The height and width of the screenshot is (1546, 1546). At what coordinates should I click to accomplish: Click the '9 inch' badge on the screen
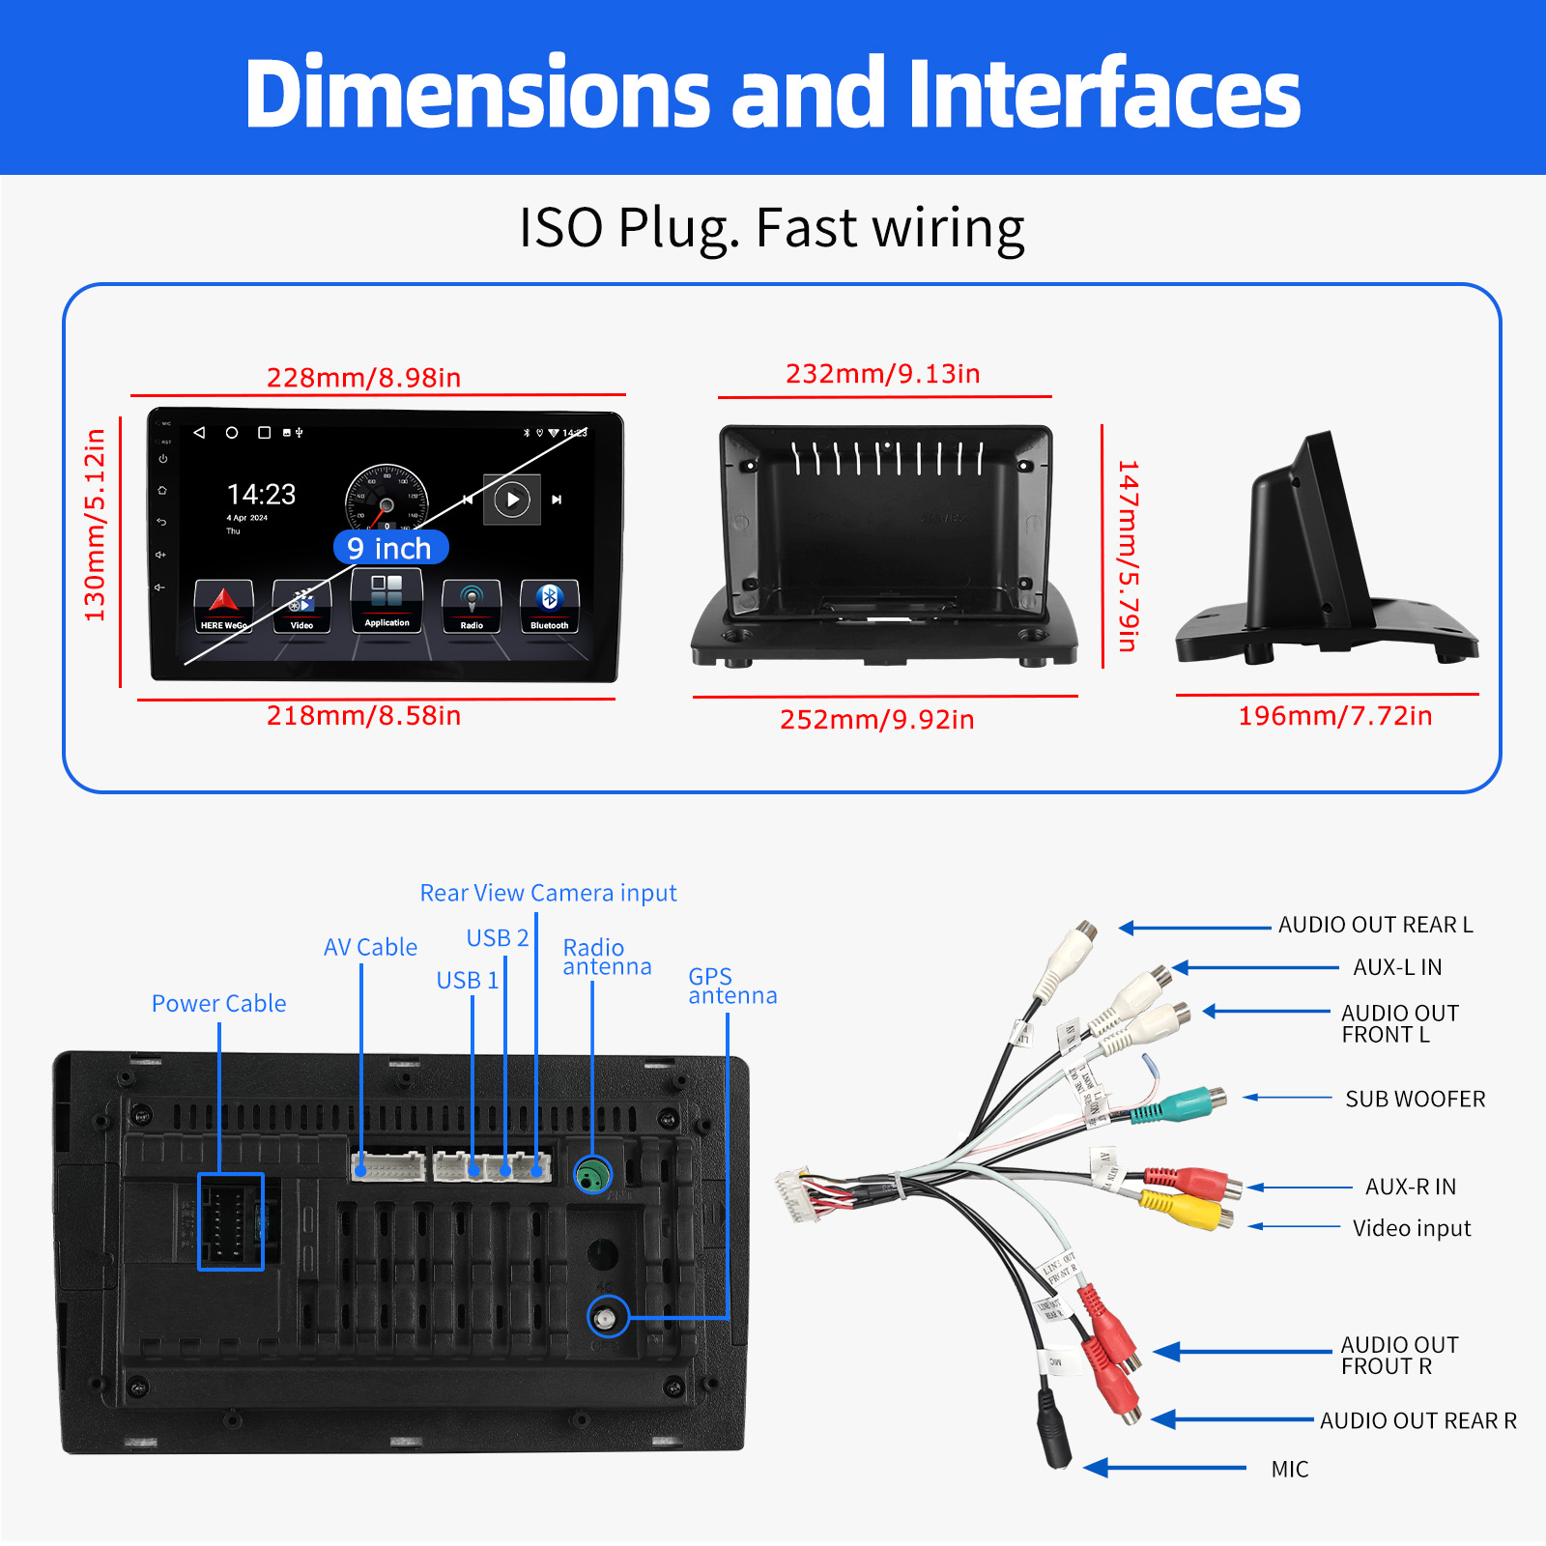390,548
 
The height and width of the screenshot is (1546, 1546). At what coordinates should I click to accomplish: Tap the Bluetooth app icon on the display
549,605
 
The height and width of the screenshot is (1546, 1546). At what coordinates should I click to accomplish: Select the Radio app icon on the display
472,605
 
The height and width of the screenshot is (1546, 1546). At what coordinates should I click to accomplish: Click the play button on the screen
512,500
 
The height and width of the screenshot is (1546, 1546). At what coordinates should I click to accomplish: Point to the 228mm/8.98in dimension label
363,377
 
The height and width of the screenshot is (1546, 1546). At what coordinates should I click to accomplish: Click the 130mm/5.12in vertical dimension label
95,525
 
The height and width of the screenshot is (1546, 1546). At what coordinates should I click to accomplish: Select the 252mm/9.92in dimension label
876,719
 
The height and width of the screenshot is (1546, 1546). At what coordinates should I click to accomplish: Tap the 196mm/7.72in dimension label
1334,715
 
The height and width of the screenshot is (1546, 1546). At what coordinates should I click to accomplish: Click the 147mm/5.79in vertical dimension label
1128,556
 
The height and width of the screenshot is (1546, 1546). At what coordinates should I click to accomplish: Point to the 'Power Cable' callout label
218,1003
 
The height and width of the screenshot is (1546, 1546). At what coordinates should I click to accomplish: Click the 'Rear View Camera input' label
548,893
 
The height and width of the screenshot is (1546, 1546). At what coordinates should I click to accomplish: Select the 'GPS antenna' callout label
731,986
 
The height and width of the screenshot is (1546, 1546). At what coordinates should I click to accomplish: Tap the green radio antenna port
592,1175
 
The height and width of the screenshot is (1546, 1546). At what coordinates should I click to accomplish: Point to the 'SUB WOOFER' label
1415,1099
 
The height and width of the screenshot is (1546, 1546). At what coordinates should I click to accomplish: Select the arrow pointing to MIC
1164,1469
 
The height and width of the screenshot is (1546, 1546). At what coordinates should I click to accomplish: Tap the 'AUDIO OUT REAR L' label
1375,925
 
